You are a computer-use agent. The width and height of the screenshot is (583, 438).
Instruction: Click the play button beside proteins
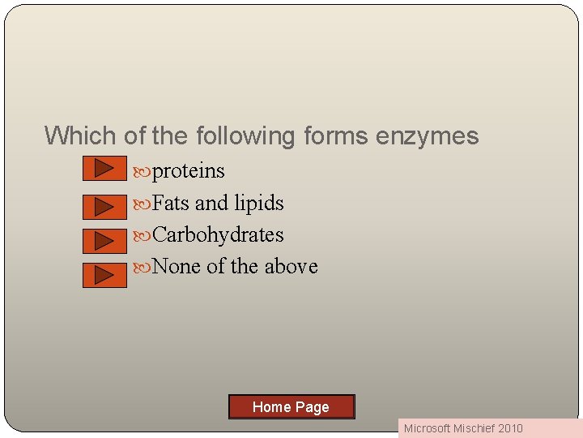104,168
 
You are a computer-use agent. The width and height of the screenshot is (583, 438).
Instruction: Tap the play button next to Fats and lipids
104,207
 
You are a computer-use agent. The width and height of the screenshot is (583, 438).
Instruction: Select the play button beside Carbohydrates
104,241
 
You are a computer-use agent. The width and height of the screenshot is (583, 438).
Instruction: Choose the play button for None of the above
104,275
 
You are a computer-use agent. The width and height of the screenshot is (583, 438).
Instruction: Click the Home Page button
291,406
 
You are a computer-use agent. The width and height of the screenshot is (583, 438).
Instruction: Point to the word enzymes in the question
427,135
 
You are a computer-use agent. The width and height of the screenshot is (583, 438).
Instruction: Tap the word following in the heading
244,135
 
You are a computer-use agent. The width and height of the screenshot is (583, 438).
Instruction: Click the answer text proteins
189,171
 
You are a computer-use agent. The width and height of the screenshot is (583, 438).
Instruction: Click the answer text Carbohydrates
218,234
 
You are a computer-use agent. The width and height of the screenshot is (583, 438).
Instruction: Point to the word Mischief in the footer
476,428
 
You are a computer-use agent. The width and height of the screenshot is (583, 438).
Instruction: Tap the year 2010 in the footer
511,428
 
